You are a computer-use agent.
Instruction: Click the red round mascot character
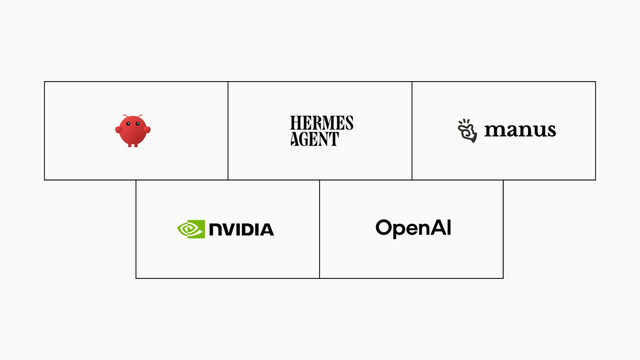[x=133, y=131]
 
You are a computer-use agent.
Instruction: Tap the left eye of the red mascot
[x=128, y=124]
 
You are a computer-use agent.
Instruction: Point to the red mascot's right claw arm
[x=147, y=129]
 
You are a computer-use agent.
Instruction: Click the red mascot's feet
[x=133, y=145]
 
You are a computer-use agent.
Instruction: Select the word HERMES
[x=322, y=123]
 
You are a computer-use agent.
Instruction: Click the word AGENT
[x=314, y=139]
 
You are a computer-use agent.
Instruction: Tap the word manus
[x=520, y=130]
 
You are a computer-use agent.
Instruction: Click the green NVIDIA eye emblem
[x=191, y=229]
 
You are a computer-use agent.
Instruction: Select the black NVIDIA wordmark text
[x=241, y=229]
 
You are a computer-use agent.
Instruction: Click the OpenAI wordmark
[x=413, y=228]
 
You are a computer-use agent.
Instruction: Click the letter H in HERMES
[x=295, y=123]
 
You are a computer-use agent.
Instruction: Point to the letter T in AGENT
[x=333, y=139]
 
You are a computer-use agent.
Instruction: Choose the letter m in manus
[x=495, y=130]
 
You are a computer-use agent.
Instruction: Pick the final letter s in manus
[x=552, y=131]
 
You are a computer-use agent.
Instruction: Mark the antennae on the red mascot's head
[x=133, y=116]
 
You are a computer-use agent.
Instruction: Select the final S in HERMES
[x=349, y=123]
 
